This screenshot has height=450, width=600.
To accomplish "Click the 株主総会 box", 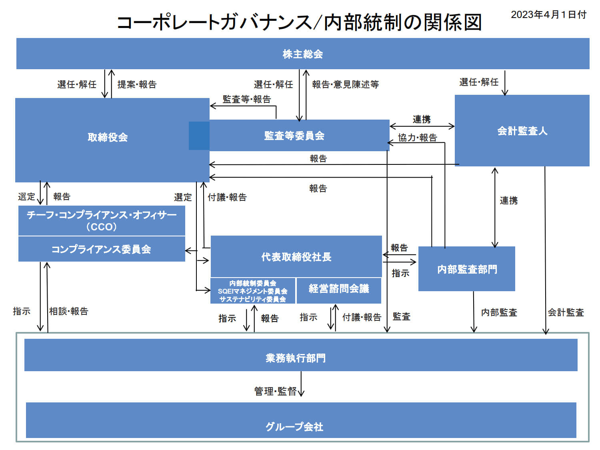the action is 302,54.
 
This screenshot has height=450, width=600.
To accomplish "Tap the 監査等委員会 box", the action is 294,135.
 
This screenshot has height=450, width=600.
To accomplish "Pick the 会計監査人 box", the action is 522,130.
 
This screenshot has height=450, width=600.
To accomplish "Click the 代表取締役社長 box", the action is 296,256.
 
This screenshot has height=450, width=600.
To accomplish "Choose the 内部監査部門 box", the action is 467,269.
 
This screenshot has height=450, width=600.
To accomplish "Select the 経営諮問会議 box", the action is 339,291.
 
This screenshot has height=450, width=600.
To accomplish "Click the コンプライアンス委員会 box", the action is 102,249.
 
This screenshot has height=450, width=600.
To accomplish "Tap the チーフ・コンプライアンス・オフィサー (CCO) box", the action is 102,220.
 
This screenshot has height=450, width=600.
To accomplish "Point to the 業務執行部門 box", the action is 301,355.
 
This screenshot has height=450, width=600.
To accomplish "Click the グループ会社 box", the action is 301,420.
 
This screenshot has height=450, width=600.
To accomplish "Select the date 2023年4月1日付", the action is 549,14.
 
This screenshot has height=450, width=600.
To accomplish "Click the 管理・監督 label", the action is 276,391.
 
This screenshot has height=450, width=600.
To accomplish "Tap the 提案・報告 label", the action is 137,84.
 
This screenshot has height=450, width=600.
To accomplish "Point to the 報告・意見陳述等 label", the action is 346,84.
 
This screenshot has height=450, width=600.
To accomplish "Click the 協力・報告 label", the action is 418,138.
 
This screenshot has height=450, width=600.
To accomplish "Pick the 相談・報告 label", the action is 69,311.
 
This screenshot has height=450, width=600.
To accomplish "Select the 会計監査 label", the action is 566,312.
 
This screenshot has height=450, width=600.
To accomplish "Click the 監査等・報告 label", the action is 247,99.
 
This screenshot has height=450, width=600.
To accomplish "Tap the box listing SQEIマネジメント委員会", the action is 253,291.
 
